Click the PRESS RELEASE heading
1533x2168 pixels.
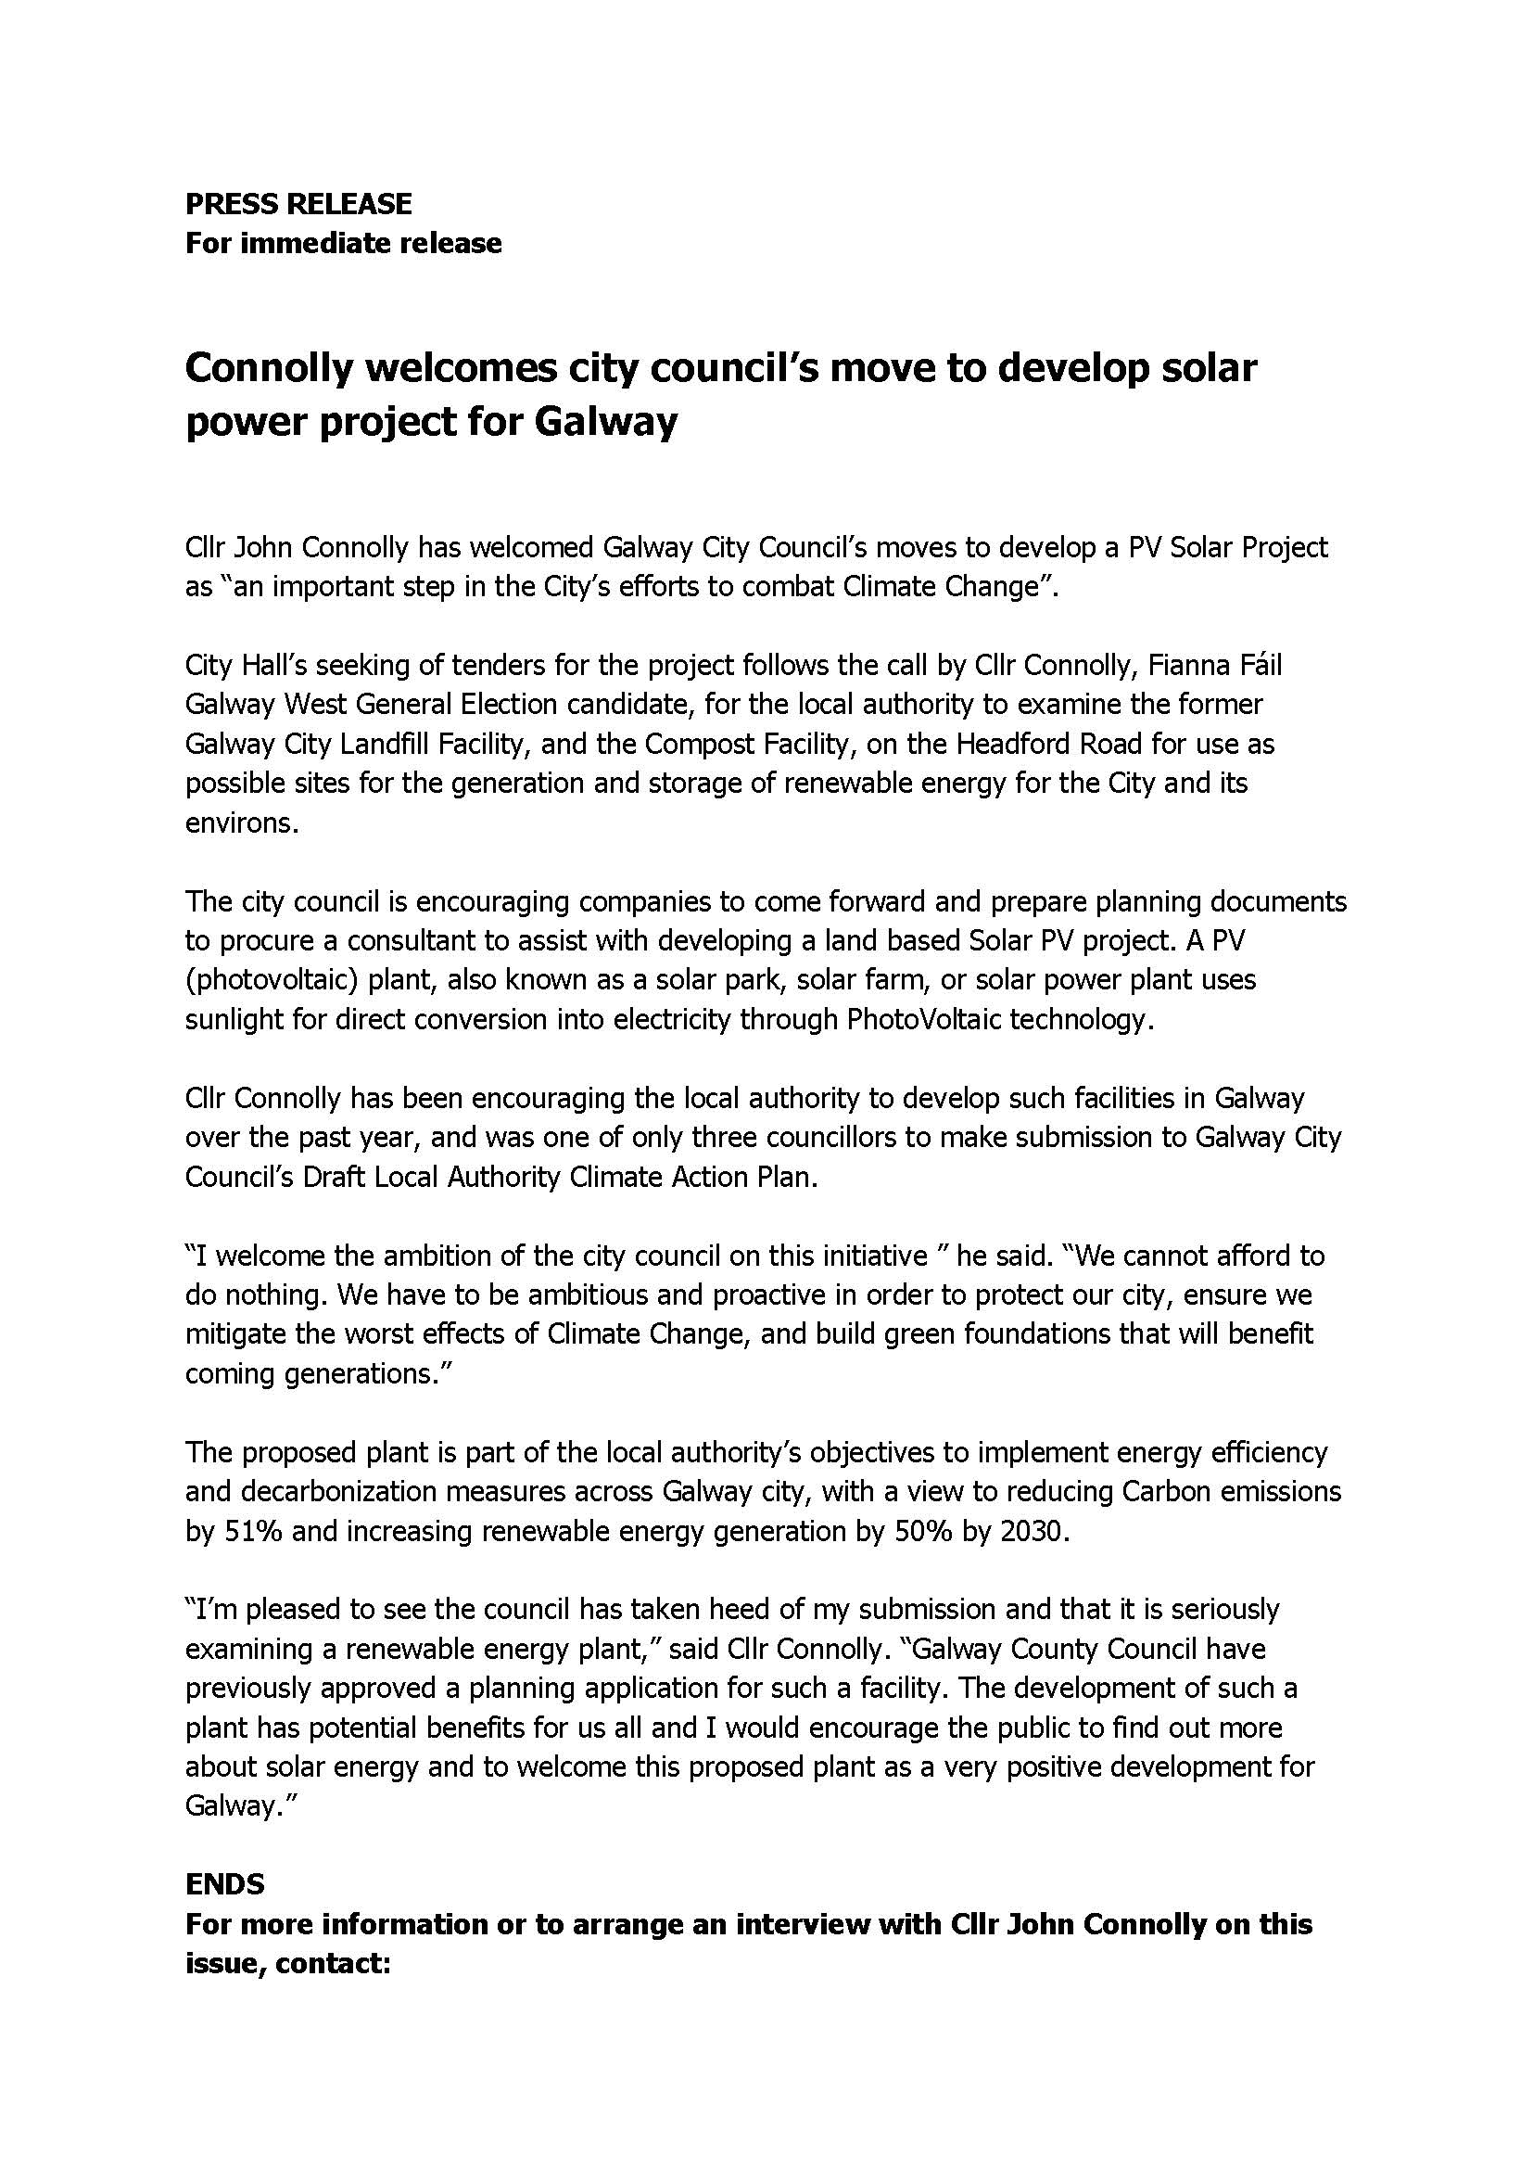pos(298,204)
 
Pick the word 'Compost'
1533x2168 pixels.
pos(701,744)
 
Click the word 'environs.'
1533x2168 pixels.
pos(242,823)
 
